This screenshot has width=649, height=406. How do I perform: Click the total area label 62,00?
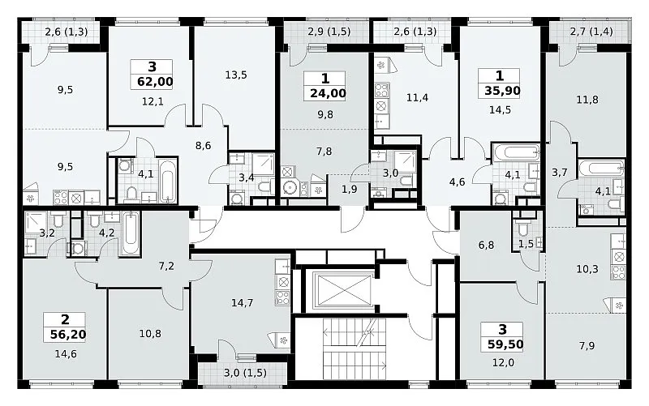click(x=155, y=82)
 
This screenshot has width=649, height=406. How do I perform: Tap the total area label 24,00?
click(x=328, y=93)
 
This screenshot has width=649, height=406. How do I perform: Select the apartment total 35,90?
click(x=502, y=91)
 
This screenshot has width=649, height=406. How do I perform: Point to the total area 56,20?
click(x=68, y=334)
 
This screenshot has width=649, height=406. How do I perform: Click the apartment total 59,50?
click(x=505, y=344)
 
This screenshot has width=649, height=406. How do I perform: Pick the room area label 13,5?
click(x=236, y=75)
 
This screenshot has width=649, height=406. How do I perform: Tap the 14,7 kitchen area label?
click(x=242, y=303)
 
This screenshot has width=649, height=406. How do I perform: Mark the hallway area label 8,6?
click(x=204, y=146)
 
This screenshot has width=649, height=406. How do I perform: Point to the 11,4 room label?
click(x=417, y=98)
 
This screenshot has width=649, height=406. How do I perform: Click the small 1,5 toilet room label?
click(x=526, y=245)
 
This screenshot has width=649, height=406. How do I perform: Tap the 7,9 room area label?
click(x=587, y=345)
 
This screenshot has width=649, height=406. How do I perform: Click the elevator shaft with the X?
click(x=342, y=291)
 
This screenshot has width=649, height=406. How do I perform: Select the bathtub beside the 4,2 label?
click(x=131, y=233)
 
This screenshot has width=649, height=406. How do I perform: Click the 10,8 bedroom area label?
click(x=150, y=333)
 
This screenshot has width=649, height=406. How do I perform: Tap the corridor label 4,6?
click(x=457, y=182)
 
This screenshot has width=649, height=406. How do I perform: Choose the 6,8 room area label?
click(x=486, y=246)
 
